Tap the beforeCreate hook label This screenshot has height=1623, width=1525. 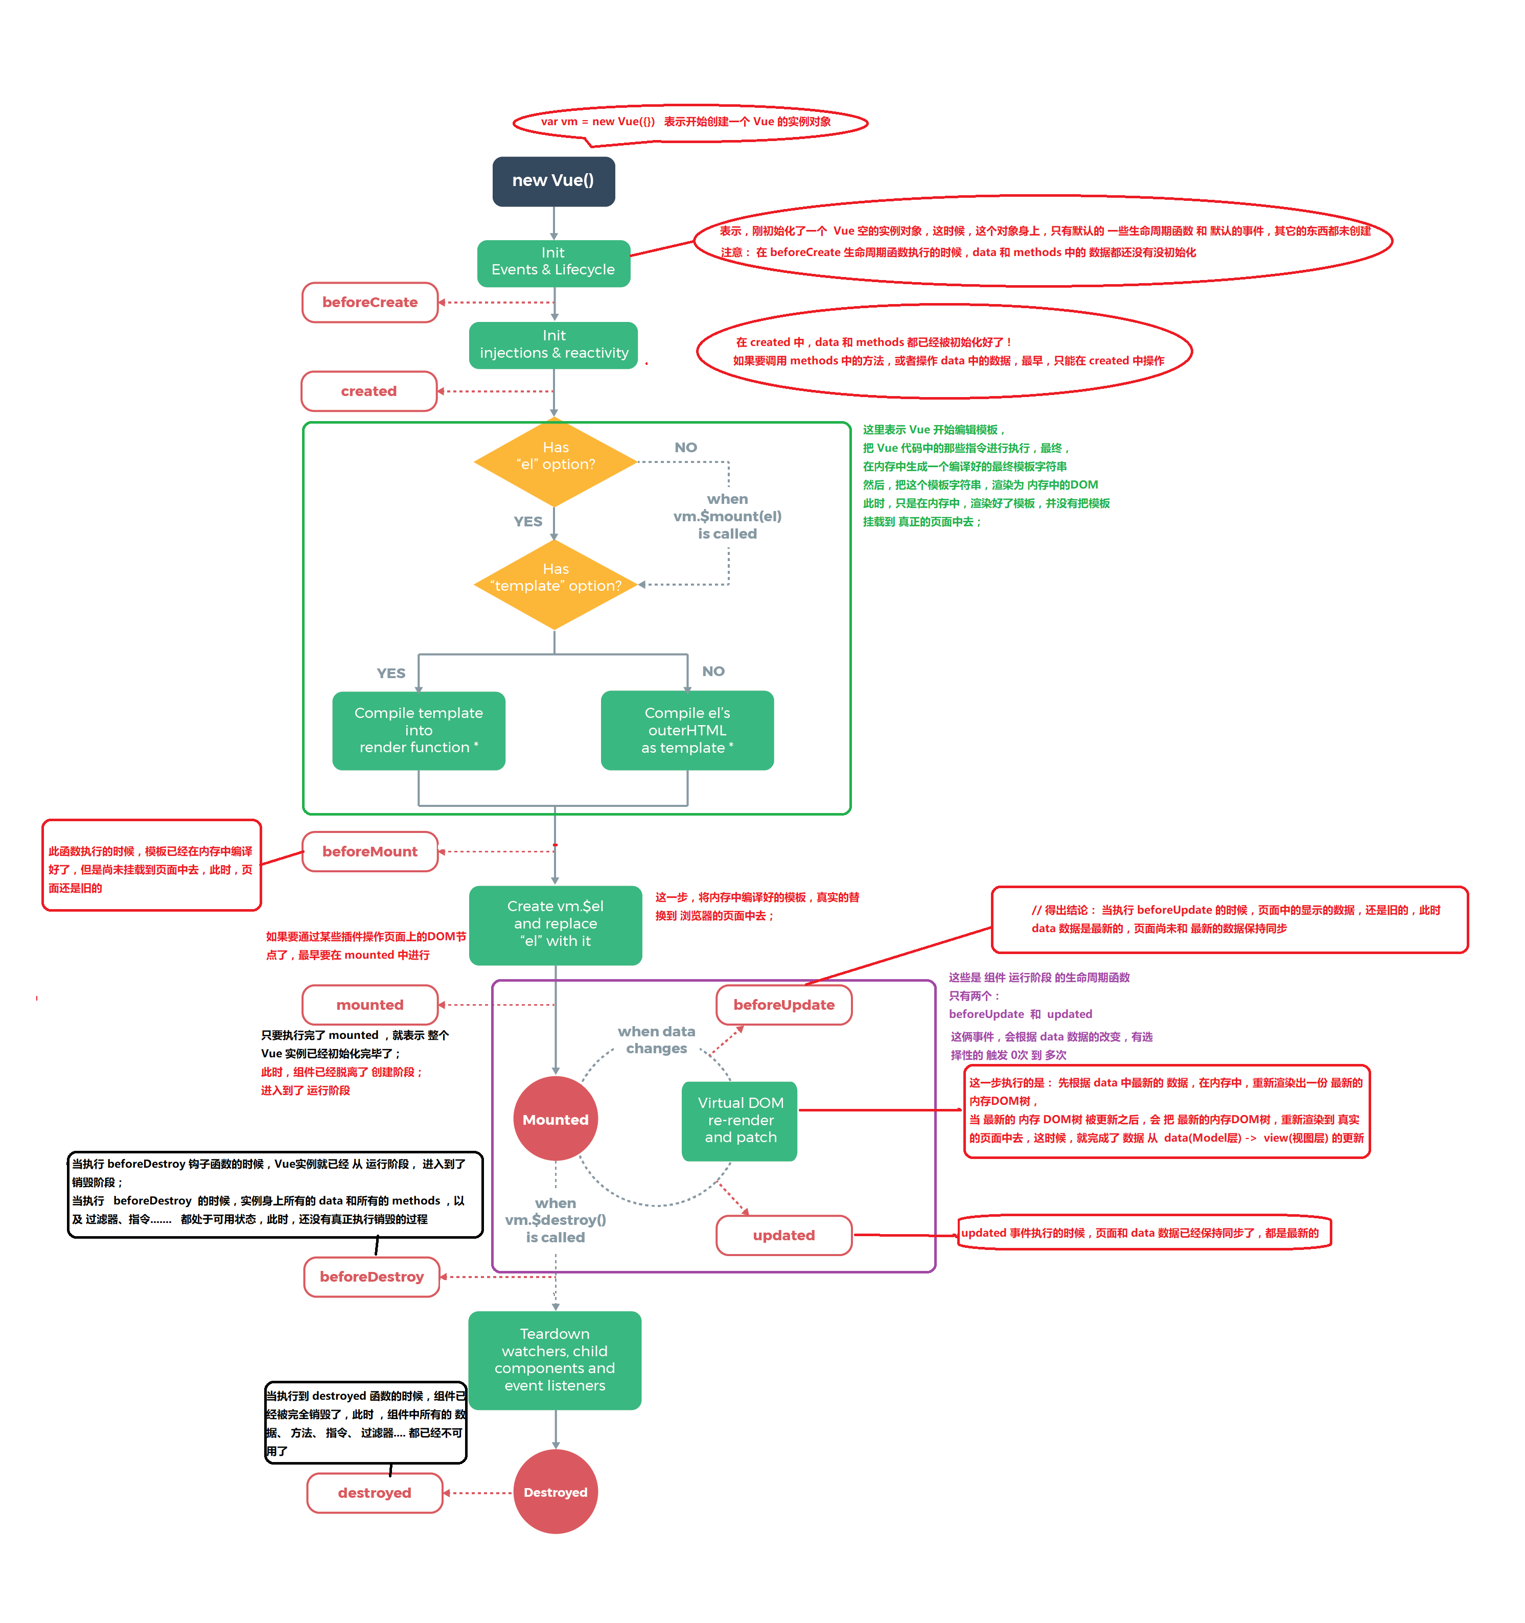[370, 302]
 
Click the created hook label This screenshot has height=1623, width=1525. [369, 391]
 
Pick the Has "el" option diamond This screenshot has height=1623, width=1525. [555, 462]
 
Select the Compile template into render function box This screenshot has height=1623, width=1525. [419, 730]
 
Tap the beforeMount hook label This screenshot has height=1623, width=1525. [370, 851]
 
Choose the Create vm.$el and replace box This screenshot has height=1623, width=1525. [555, 924]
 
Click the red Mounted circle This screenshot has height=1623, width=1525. [555, 1119]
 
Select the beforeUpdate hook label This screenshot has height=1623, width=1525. [784, 1004]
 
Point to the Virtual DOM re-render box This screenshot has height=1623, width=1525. [740, 1120]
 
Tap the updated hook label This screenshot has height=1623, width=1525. [784, 1235]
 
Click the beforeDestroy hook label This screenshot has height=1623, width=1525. [372, 1276]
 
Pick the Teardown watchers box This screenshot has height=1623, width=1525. [555, 1359]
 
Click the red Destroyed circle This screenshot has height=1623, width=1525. [555, 1492]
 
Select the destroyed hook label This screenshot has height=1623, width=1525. [375, 1492]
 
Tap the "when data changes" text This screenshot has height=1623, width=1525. [656, 1039]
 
